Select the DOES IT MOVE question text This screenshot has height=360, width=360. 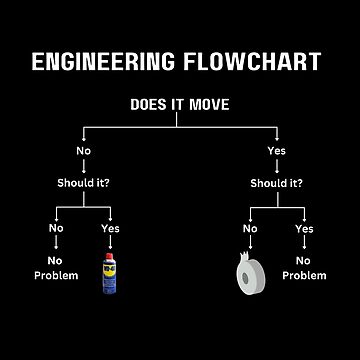coord(179,103)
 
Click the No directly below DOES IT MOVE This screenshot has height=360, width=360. coord(84,152)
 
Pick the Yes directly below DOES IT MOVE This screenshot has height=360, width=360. coord(276,152)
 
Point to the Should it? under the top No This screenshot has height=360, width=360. coord(84,183)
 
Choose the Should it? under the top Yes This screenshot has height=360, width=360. coord(276,183)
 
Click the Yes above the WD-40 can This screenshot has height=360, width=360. coord(109,229)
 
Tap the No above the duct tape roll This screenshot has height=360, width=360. coord(249,229)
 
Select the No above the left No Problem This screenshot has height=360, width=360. coord(58,229)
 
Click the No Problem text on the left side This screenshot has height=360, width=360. coord(57,267)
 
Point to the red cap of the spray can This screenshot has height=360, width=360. coord(108,258)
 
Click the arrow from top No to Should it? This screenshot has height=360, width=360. coord(84,168)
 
